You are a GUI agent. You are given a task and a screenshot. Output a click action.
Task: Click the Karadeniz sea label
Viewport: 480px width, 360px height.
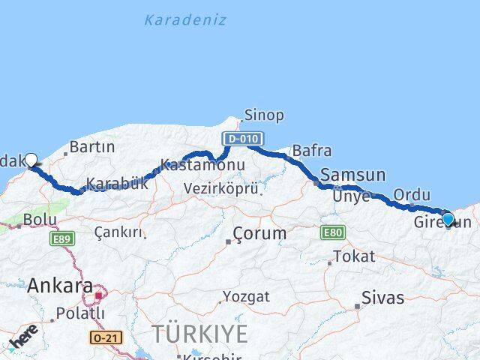click(184, 20)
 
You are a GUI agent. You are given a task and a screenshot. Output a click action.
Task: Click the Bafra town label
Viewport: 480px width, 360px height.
click(311, 150)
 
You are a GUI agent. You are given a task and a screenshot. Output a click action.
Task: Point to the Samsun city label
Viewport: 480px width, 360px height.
click(352, 175)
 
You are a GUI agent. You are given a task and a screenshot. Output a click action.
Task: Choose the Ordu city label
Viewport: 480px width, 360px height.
click(412, 195)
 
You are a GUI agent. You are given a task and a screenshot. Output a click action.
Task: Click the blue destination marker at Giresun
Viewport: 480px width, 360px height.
click(448, 219)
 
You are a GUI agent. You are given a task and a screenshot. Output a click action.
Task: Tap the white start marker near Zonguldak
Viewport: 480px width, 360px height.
click(31, 159)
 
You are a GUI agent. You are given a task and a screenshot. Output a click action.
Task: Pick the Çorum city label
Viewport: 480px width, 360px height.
click(259, 233)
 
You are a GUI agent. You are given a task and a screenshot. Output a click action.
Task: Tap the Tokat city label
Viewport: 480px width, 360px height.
click(354, 256)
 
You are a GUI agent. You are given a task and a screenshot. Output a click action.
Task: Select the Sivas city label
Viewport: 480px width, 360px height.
click(382, 298)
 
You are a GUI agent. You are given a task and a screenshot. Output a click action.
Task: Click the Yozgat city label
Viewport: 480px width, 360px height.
click(246, 297)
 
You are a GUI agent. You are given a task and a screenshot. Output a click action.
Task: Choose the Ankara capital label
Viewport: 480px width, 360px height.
click(60, 286)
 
